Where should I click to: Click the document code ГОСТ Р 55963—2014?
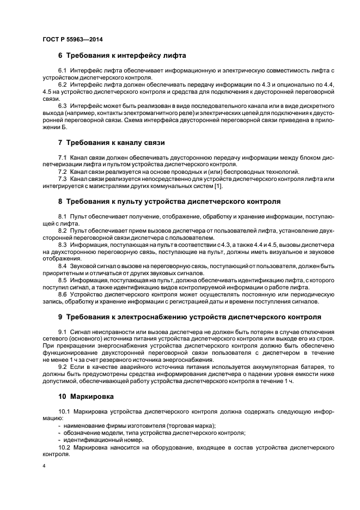72,40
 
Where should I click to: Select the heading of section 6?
122,56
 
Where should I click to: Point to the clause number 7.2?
62,172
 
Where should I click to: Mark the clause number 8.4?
62,265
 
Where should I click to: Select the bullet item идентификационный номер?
103,440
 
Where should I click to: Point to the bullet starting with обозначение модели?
154,433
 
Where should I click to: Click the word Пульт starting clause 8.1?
78,217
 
